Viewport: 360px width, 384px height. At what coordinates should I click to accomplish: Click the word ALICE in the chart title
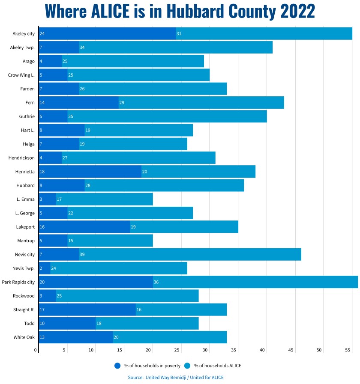click(x=111, y=12)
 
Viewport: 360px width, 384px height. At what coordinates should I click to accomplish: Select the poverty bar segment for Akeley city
click(x=107, y=33)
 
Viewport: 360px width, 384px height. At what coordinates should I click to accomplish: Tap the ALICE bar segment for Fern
click(x=201, y=103)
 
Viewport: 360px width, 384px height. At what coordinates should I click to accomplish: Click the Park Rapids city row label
click(x=18, y=282)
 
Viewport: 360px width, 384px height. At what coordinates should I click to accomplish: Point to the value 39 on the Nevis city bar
click(x=82, y=255)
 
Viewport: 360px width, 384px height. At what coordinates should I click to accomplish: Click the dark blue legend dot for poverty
click(x=117, y=366)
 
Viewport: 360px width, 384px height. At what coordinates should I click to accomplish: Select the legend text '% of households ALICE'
click(x=215, y=366)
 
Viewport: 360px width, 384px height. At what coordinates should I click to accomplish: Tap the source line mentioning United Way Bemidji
click(x=176, y=378)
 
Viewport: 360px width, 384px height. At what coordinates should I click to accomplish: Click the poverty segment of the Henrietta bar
click(x=90, y=172)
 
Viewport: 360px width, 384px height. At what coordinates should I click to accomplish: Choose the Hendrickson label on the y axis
click(x=21, y=158)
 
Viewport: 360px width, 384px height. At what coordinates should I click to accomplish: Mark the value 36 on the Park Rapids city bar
click(x=156, y=283)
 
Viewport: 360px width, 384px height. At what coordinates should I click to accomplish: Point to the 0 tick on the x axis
click(x=36, y=350)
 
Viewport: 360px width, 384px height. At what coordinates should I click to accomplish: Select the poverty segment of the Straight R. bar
click(x=87, y=310)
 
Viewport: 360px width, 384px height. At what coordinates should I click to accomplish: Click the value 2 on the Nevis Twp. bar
click(x=41, y=268)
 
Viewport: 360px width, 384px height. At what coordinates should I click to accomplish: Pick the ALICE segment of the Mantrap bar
click(x=110, y=241)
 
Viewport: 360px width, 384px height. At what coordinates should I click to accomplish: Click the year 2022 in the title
click(x=297, y=12)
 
